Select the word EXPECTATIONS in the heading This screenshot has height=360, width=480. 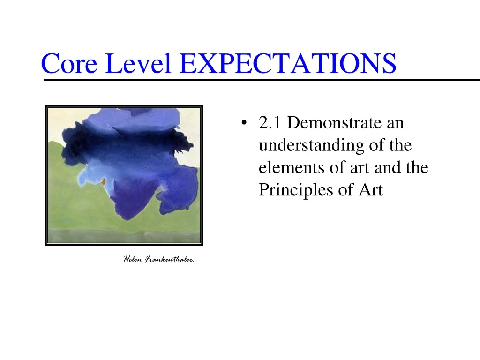pos(287,64)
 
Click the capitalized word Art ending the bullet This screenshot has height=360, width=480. pos(371,190)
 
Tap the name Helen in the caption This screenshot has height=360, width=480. pos(133,259)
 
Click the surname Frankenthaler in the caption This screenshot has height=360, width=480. pos(169,259)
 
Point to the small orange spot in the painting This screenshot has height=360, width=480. pos(104,181)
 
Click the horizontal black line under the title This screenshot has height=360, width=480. pos(262,81)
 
